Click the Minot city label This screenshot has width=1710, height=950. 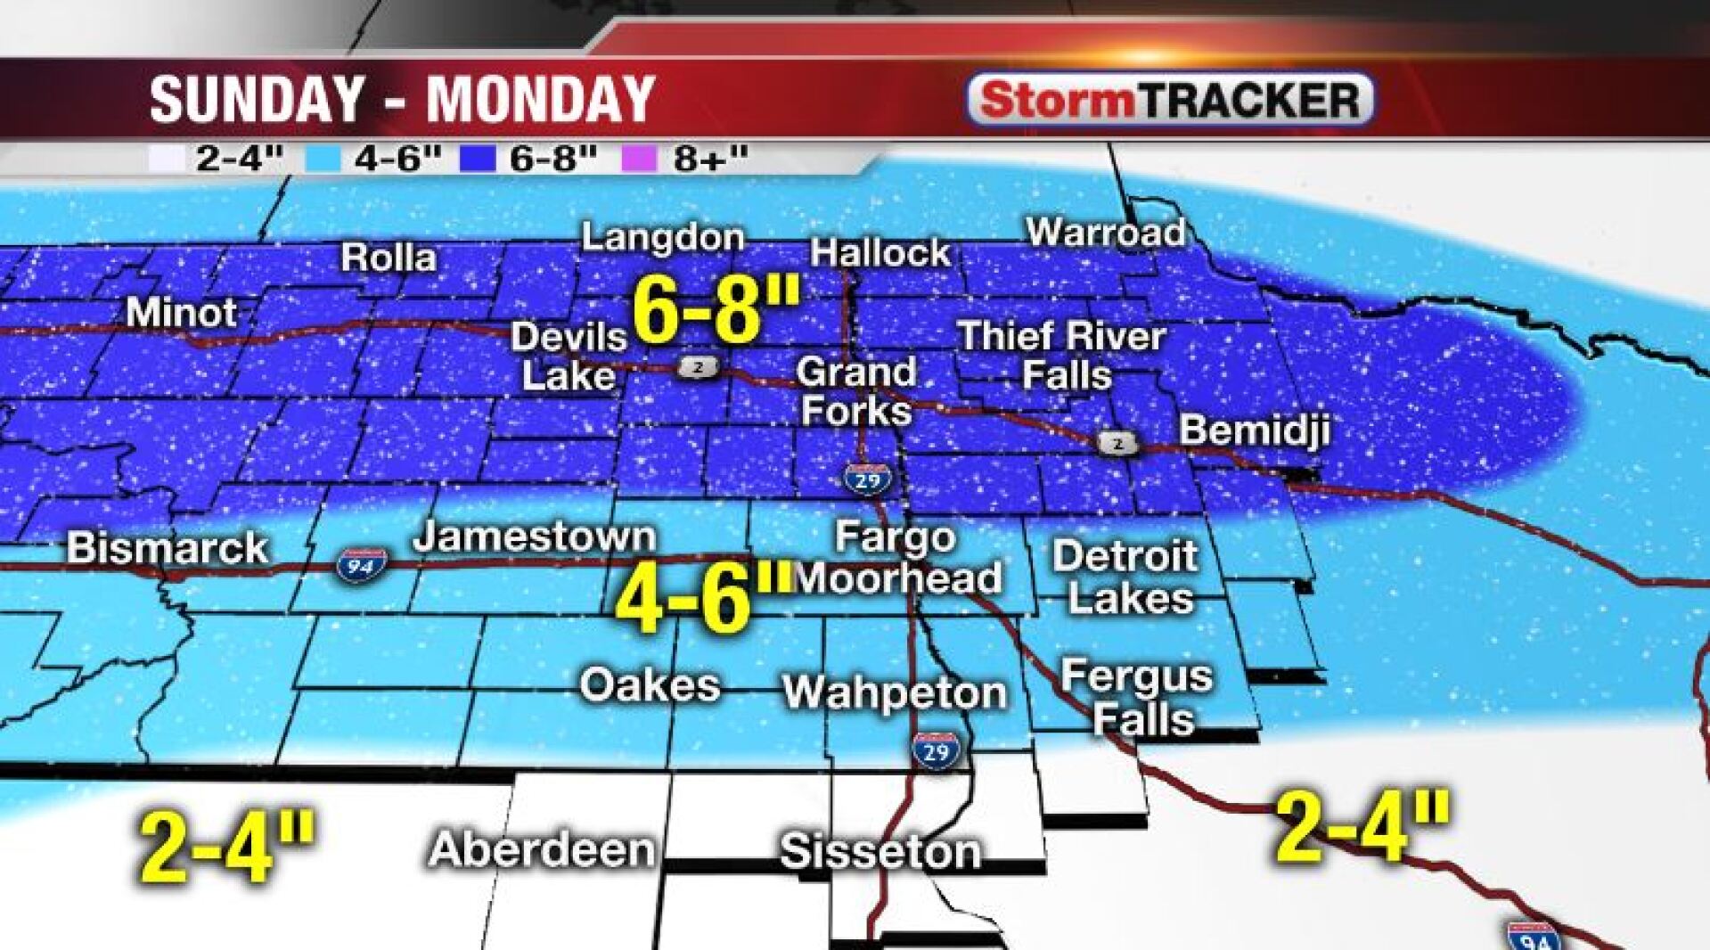(182, 313)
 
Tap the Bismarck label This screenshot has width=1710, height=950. (168, 548)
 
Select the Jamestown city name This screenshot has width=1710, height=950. (535, 536)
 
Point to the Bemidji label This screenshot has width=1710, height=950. (1255, 430)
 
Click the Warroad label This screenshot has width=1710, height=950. (1106, 233)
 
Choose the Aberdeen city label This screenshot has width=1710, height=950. (542, 849)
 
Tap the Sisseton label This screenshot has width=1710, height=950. (880, 851)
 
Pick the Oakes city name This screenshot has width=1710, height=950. (650, 685)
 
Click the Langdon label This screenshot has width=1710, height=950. (663, 237)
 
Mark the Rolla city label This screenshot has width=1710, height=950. (389, 258)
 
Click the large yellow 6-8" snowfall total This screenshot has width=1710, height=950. (716, 310)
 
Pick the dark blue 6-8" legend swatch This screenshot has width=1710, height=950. (477, 159)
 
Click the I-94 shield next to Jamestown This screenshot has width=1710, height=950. (362, 565)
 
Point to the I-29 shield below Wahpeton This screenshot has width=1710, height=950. (936, 751)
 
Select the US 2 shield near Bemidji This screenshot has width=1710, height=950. (1117, 443)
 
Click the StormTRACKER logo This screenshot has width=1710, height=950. (1170, 100)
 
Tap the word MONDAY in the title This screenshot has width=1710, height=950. (541, 99)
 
